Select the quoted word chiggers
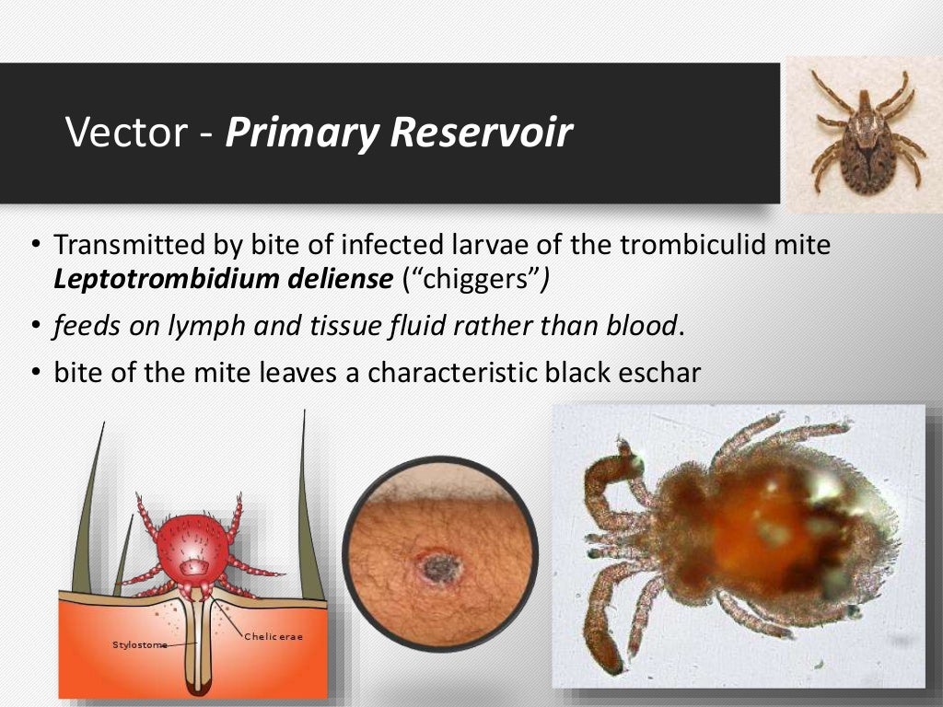pyautogui.click(x=474, y=280)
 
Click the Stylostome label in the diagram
pyautogui.click(x=139, y=644)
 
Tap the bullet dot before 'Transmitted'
pyautogui.click(x=35, y=247)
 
